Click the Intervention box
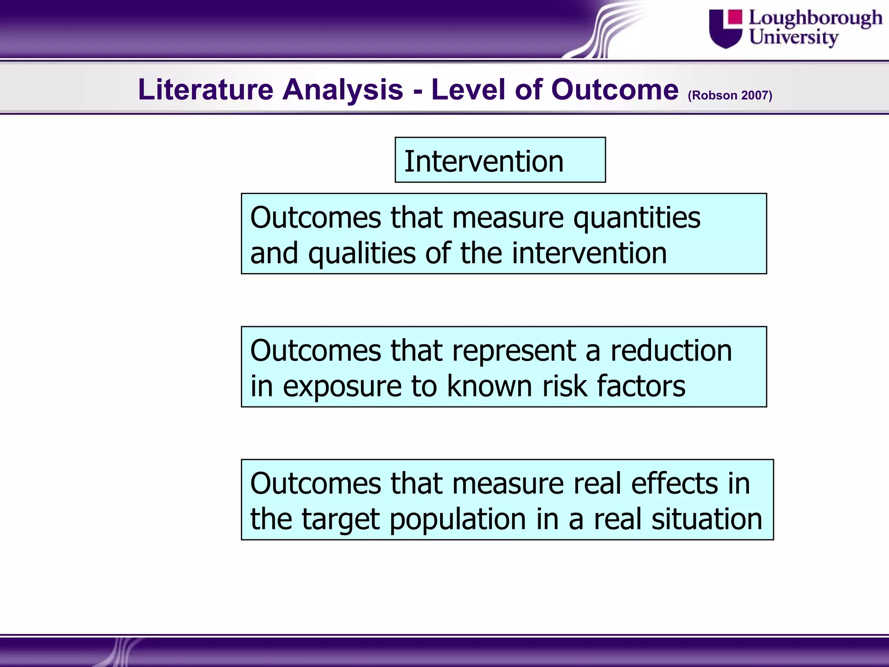[x=500, y=160]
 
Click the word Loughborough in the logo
[x=815, y=19]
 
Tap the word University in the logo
[x=793, y=37]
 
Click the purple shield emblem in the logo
[x=725, y=29]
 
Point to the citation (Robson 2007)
[x=730, y=95]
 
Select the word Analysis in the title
[x=343, y=89]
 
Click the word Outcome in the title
[x=614, y=89]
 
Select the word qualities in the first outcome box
[x=362, y=254]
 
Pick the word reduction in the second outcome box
[x=671, y=351]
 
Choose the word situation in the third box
[x=707, y=519]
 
